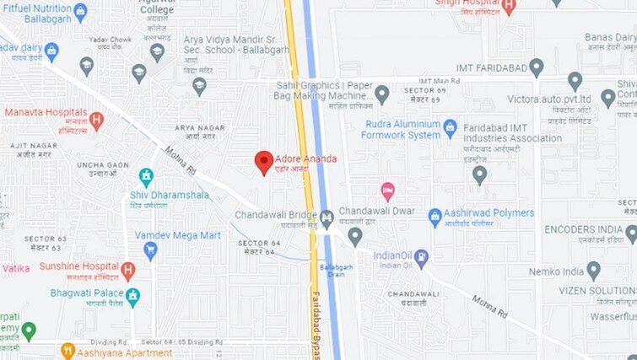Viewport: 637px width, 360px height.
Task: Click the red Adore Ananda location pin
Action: [x=264, y=162]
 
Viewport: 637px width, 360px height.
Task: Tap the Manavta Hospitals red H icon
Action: [x=97, y=121]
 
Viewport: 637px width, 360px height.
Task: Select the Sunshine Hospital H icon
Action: [x=127, y=271]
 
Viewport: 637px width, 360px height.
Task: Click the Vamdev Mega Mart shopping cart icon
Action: [x=150, y=250]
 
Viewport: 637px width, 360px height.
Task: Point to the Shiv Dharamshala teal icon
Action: [x=146, y=177]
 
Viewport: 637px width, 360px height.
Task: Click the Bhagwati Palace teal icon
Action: [x=132, y=297]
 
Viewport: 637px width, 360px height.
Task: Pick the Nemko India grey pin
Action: [x=593, y=271]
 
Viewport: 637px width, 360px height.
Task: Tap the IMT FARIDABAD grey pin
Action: [x=536, y=67]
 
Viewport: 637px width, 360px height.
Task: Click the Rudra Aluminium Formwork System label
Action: [x=401, y=129]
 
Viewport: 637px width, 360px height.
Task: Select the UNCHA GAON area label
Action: [x=102, y=169]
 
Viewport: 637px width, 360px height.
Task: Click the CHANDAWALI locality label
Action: [x=413, y=298]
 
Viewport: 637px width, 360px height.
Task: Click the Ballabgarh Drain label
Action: [x=335, y=271]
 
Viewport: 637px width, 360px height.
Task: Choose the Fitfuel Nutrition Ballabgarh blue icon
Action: [x=80, y=12]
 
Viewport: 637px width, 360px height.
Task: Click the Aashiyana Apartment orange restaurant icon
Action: [x=68, y=350]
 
